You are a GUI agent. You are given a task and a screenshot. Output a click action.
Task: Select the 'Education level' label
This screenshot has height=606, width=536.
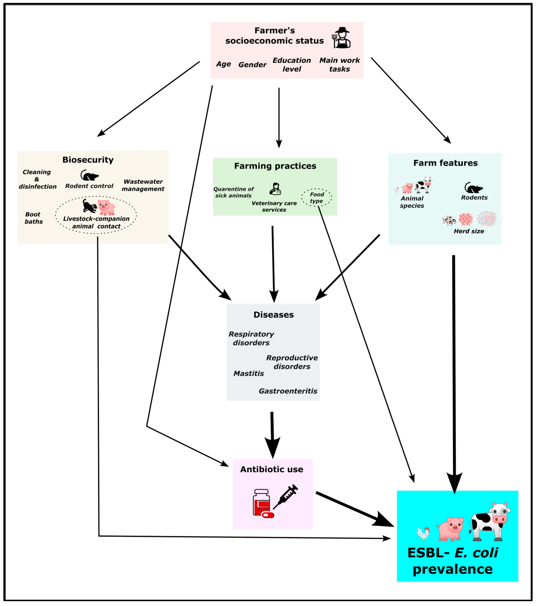(x=292, y=65)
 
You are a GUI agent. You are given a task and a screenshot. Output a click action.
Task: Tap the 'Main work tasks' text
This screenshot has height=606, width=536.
(x=339, y=65)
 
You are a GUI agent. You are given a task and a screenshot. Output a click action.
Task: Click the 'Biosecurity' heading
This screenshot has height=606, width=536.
(x=88, y=160)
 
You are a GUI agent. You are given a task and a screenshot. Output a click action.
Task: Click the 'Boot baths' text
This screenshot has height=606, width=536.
(x=33, y=218)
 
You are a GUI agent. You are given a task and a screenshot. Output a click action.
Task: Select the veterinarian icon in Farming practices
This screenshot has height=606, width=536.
(x=275, y=189)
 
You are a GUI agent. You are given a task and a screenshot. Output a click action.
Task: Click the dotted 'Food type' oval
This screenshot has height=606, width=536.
(x=316, y=197)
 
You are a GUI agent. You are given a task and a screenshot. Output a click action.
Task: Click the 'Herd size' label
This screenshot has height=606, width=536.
(x=469, y=231)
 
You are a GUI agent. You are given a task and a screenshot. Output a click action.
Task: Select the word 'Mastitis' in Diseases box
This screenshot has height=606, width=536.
(x=249, y=373)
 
